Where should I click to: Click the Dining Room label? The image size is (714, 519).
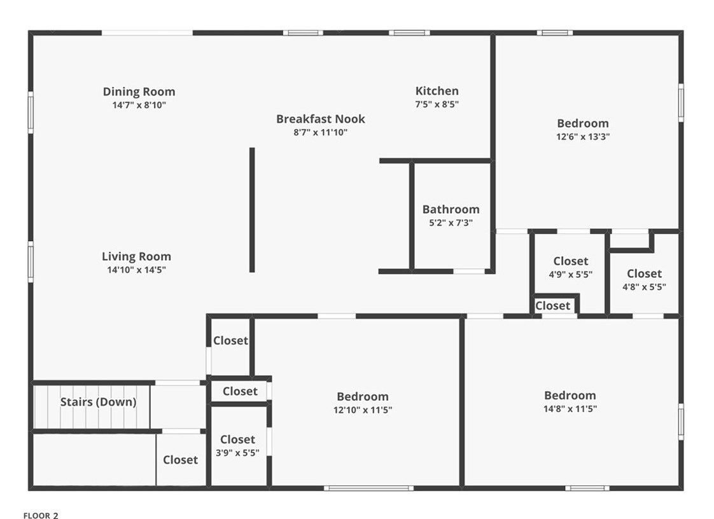(x=139, y=92)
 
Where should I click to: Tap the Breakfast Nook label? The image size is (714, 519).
(x=320, y=119)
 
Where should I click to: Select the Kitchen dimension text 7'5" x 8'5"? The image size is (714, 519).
(x=437, y=104)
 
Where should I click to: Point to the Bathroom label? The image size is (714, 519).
(x=451, y=209)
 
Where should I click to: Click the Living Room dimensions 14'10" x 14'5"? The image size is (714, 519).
(x=136, y=270)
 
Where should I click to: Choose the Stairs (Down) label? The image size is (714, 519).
(x=98, y=402)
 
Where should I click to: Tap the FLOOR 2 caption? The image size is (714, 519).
(x=41, y=516)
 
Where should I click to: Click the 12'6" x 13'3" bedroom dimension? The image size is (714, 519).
(x=583, y=136)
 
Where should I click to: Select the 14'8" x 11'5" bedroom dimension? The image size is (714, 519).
(x=570, y=408)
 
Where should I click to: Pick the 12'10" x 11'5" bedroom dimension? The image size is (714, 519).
(x=363, y=410)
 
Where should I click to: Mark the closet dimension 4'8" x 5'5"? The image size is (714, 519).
(x=644, y=287)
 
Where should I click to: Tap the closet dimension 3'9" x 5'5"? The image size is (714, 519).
(x=237, y=453)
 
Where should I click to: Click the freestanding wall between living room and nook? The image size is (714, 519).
(x=252, y=210)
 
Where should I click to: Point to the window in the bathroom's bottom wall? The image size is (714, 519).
(x=469, y=272)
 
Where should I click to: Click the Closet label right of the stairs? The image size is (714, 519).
(x=180, y=460)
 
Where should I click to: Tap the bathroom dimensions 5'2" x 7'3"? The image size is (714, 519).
(x=451, y=223)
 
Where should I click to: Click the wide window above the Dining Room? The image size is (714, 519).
(x=147, y=33)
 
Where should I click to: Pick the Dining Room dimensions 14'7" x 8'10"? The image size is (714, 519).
(x=139, y=105)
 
